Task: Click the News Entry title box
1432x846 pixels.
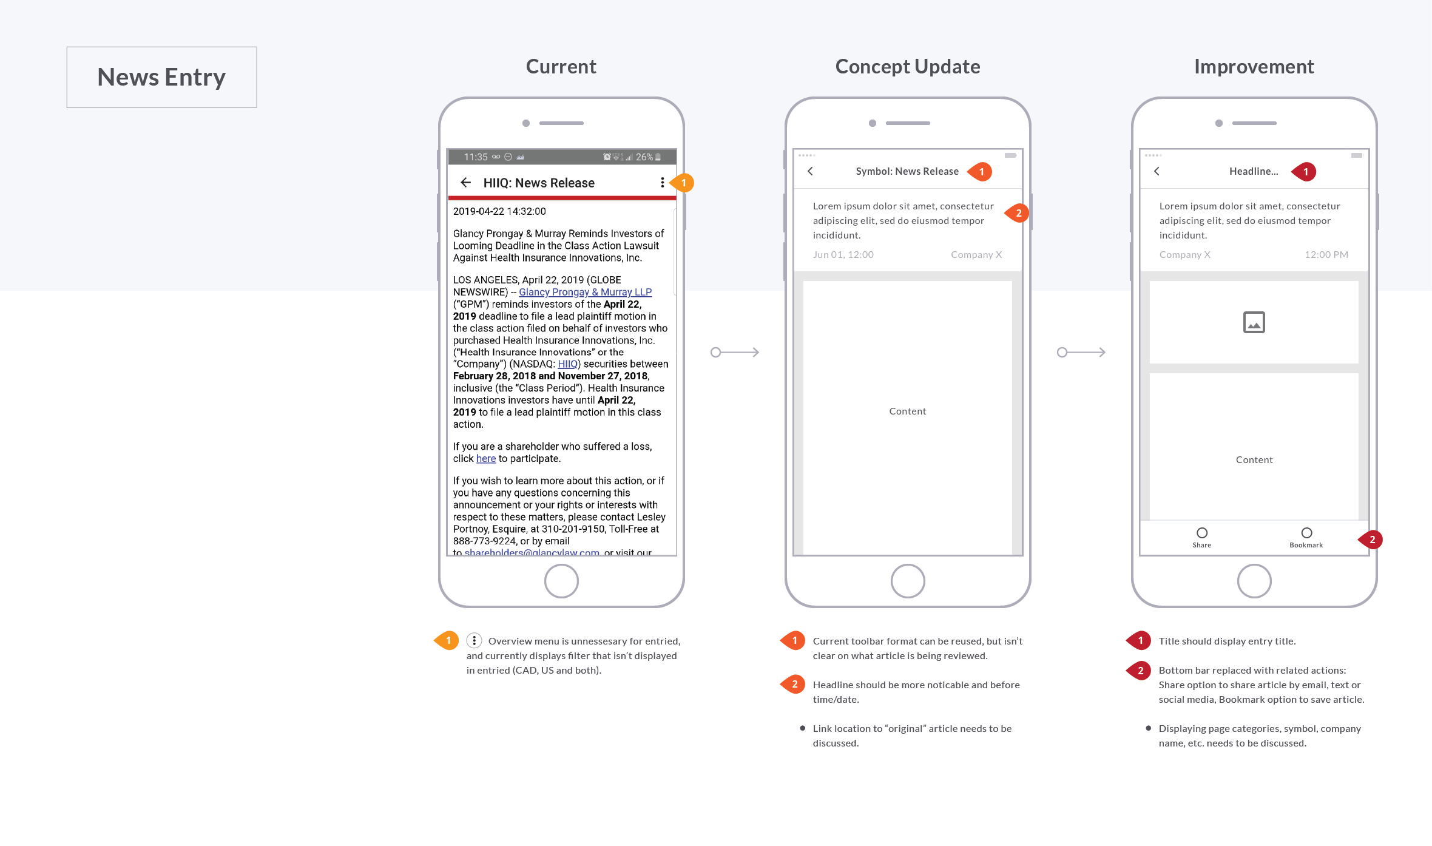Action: pyautogui.click(x=161, y=77)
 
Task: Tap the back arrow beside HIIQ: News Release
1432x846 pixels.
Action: pyautogui.click(x=465, y=183)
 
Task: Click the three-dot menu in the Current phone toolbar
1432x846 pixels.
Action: pyautogui.click(x=662, y=183)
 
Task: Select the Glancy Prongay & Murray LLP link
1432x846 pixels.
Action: pyautogui.click(x=585, y=292)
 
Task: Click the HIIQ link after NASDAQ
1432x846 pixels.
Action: pyautogui.click(x=567, y=364)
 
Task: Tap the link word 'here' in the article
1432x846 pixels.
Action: pyautogui.click(x=485, y=459)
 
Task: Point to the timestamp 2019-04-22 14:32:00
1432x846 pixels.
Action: pyautogui.click(x=499, y=211)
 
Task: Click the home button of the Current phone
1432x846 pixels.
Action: pyautogui.click(x=561, y=581)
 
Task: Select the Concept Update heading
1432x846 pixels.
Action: pyautogui.click(x=907, y=66)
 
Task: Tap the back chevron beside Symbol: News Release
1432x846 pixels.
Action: pyautogui.click(x=810, y=171)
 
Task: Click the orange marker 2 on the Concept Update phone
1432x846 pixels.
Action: pyautogui.click(x=1018, y=213)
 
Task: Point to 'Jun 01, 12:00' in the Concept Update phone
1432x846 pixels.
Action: pyautogui.click(x=843, y=255)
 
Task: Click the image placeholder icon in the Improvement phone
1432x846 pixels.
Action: pyautogui.click(x=1254, y=322)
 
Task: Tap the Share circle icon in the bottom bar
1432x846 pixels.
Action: pyautogui.click(x=1201, y=533)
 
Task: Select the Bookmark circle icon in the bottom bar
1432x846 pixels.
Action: pyautogui.click(x=1306, y=533)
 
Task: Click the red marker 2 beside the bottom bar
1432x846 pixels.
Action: pyautogui.click(x=1371, y=540)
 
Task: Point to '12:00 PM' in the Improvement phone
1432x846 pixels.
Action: pyautogui.click(x=1326, y=255)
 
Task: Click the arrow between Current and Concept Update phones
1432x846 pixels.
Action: pyautogui.click(x=735, y=352)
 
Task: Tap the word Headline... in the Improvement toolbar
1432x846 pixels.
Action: pyautogui.click(x=1253, y=172)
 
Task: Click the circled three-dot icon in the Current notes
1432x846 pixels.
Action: pyautogui.click(x=474, y=641)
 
